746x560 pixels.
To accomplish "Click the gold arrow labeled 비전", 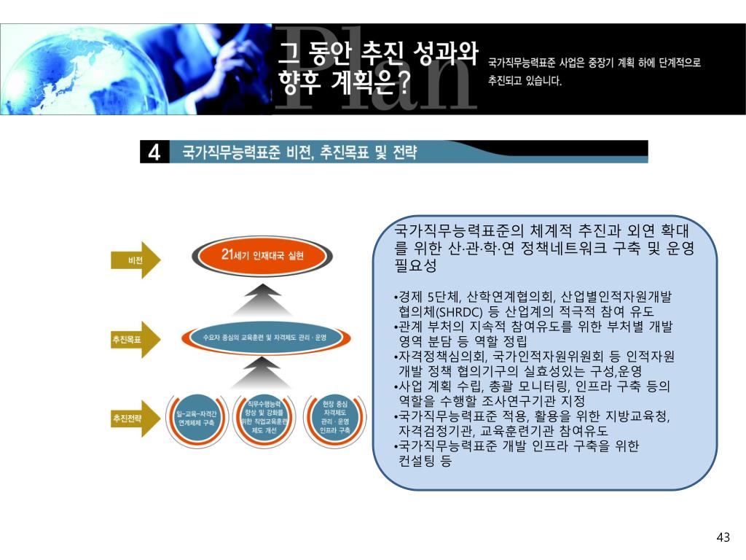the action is (136, 260).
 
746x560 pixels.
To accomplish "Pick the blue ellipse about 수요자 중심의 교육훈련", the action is (265, 338).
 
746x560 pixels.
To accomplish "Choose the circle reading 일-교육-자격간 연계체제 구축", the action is (196, 418).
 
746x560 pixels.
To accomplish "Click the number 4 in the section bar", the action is (154, 152).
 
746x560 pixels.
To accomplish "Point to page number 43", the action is (723, 538).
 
